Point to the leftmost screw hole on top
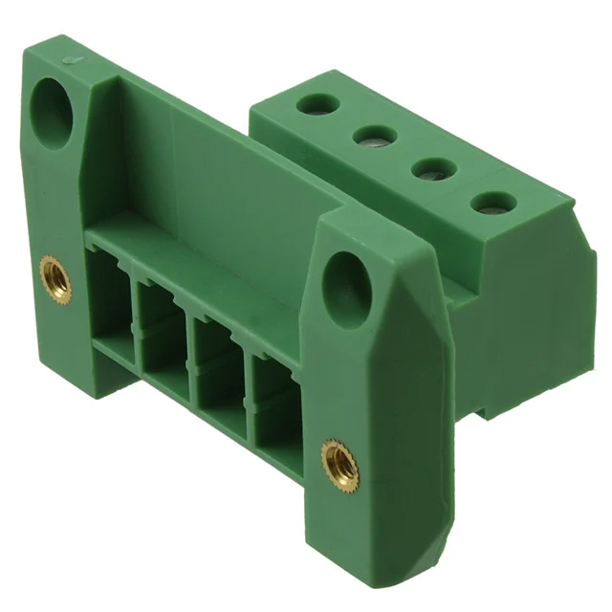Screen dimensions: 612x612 pyautogui.click(x=313, y=102)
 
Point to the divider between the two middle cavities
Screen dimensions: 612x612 pyautogui.click(x=189, y=349)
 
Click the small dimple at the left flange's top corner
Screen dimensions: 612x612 pyautogui.click(x=68, y=60)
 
